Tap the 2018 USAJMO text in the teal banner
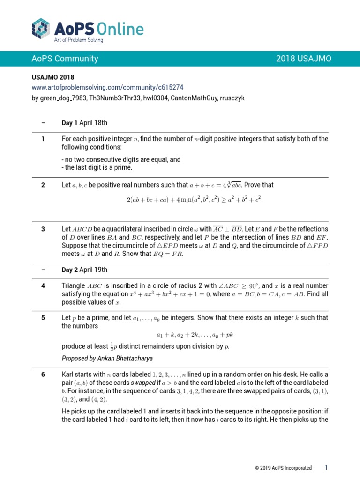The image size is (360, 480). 303,59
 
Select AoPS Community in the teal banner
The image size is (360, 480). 65,59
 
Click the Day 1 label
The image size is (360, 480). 70,123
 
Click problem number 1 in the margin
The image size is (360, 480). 43,139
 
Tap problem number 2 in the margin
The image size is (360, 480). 43,185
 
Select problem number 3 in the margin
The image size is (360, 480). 43,229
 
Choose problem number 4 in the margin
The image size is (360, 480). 43,286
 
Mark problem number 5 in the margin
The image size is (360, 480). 43,318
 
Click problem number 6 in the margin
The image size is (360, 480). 43,375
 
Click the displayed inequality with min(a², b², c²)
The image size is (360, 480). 195,200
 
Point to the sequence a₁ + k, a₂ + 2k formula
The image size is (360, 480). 195,335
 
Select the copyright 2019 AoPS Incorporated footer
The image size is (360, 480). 283,468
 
